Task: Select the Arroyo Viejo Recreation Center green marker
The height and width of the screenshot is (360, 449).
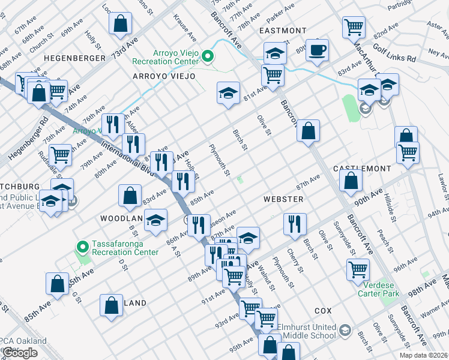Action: click(x=208, y=58)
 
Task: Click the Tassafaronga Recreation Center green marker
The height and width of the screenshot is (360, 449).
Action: click(x=83, y=247)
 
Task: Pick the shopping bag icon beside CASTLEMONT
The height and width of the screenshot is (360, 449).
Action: click(x=351, y=179)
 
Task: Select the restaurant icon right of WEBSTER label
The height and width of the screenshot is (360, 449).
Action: click(x=294, y=224)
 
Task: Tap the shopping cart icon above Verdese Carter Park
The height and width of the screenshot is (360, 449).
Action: click(x=358, y=269)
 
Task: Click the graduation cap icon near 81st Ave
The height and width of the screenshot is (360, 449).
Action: click(x=228, y=93)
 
